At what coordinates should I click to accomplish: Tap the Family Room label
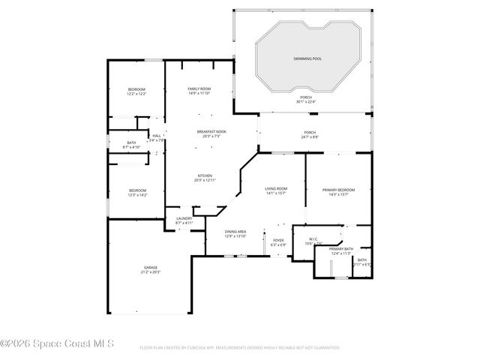click(x=199, y=89)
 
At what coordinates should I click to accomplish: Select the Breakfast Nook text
click(x=211, y=131)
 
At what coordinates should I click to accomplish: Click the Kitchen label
click(x=205, y=175)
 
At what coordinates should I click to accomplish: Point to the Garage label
click(x=151, y=267)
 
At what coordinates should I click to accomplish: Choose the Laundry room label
click(x=184, y=218)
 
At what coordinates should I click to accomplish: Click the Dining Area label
click(x=235, y=232)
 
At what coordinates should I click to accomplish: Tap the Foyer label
click(x=277, y=240)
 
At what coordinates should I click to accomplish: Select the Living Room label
click(x=276, y=188)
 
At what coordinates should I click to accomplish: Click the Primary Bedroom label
click(x=338, y=190)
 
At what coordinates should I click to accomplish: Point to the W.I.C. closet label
click(x=313, y=239)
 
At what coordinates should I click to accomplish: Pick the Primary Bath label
click(x=340, y=249)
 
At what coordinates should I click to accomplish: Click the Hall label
click(x=156, y=136)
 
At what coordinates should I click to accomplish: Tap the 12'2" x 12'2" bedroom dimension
click(x=136, y=94)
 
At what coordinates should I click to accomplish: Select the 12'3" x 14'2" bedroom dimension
click(x=136, y=195)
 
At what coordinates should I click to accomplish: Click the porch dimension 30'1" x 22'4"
click(x=306, y=102)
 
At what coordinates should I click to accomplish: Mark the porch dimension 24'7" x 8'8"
click(x=310, y=137)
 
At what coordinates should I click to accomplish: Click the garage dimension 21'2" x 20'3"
click(x=151, y=272)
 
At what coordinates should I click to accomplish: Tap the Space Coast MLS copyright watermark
click(x=57, y=344)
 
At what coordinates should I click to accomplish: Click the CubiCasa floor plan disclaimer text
click(x=240, y=348)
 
